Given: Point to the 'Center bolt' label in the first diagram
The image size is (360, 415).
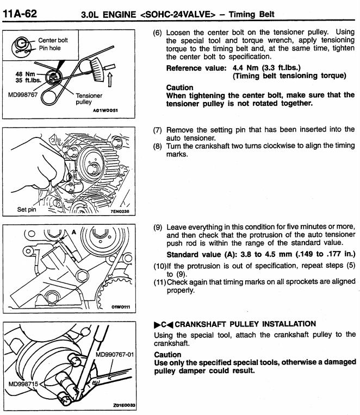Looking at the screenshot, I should pos(53,40).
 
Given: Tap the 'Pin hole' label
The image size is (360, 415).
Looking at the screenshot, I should pos(49,48).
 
